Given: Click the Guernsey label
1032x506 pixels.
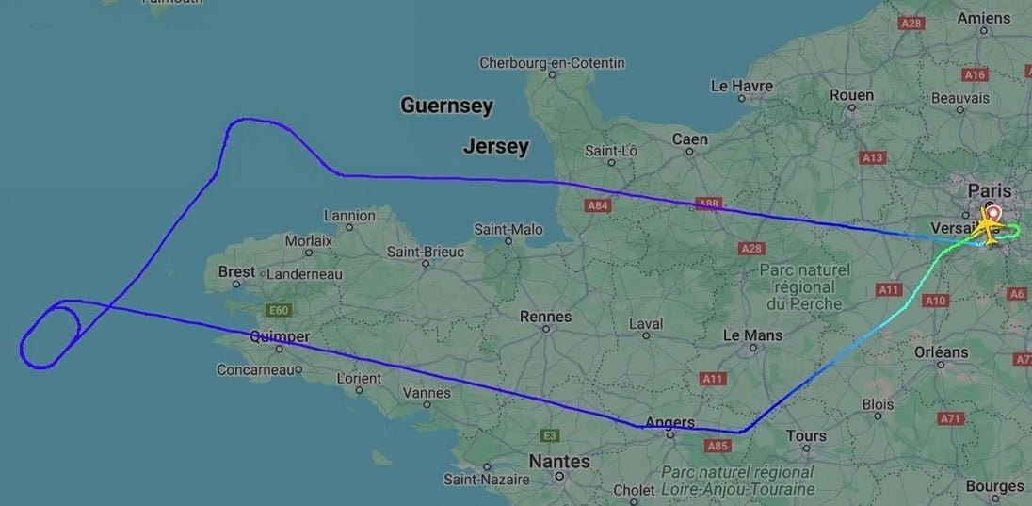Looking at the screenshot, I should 446,106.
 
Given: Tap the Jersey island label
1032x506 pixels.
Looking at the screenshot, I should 495,146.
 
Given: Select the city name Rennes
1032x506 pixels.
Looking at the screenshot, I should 545,317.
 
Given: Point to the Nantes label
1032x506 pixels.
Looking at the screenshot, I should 559,462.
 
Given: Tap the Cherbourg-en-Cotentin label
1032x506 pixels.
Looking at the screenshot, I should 552,63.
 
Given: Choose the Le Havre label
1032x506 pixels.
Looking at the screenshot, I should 741,86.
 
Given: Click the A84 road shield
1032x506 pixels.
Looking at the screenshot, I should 598,204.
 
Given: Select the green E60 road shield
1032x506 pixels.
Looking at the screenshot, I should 278,310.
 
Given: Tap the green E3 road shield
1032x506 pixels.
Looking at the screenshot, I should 550,435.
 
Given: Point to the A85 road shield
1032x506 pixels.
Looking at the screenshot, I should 718,446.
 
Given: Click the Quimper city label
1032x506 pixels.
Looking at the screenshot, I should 280,336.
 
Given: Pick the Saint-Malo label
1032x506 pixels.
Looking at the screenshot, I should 508,229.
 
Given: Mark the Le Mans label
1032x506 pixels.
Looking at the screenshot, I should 752,335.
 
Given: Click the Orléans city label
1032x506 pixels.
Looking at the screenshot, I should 941,351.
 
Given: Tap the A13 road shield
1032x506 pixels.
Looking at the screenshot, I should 872,158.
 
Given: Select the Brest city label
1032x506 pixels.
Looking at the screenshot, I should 236,271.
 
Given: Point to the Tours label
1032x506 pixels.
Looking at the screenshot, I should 806,435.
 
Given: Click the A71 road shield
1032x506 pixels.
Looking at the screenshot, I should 952,418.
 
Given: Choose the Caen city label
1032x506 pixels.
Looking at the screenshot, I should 689,139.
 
